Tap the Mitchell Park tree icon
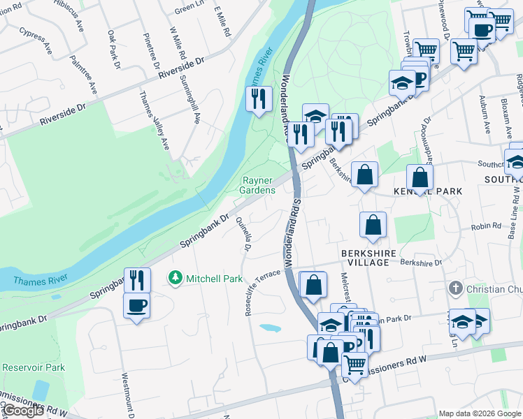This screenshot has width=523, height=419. pos(175,279)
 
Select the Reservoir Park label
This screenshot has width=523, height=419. pos(33,367)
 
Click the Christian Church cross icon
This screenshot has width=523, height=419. pos(455,288)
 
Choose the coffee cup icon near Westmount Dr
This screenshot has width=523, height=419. pos(136,304)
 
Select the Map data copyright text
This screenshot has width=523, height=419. pos(479,413)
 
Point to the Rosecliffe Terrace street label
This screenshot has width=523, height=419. pos(264,292)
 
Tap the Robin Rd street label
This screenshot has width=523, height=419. pos(487,226)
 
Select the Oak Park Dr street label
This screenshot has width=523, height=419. pos(113,48)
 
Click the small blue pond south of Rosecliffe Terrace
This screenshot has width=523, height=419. pos(268,328)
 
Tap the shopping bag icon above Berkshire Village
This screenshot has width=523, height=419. pos(373,224)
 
